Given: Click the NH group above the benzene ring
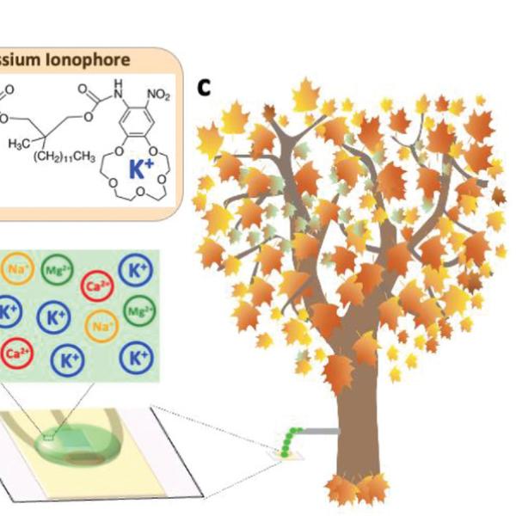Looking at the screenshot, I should coord(117,84).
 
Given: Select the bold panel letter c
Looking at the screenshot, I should coord(205,87).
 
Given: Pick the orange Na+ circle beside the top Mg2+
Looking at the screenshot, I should coord(16,269).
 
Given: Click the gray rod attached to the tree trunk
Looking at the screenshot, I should coord(317,428).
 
